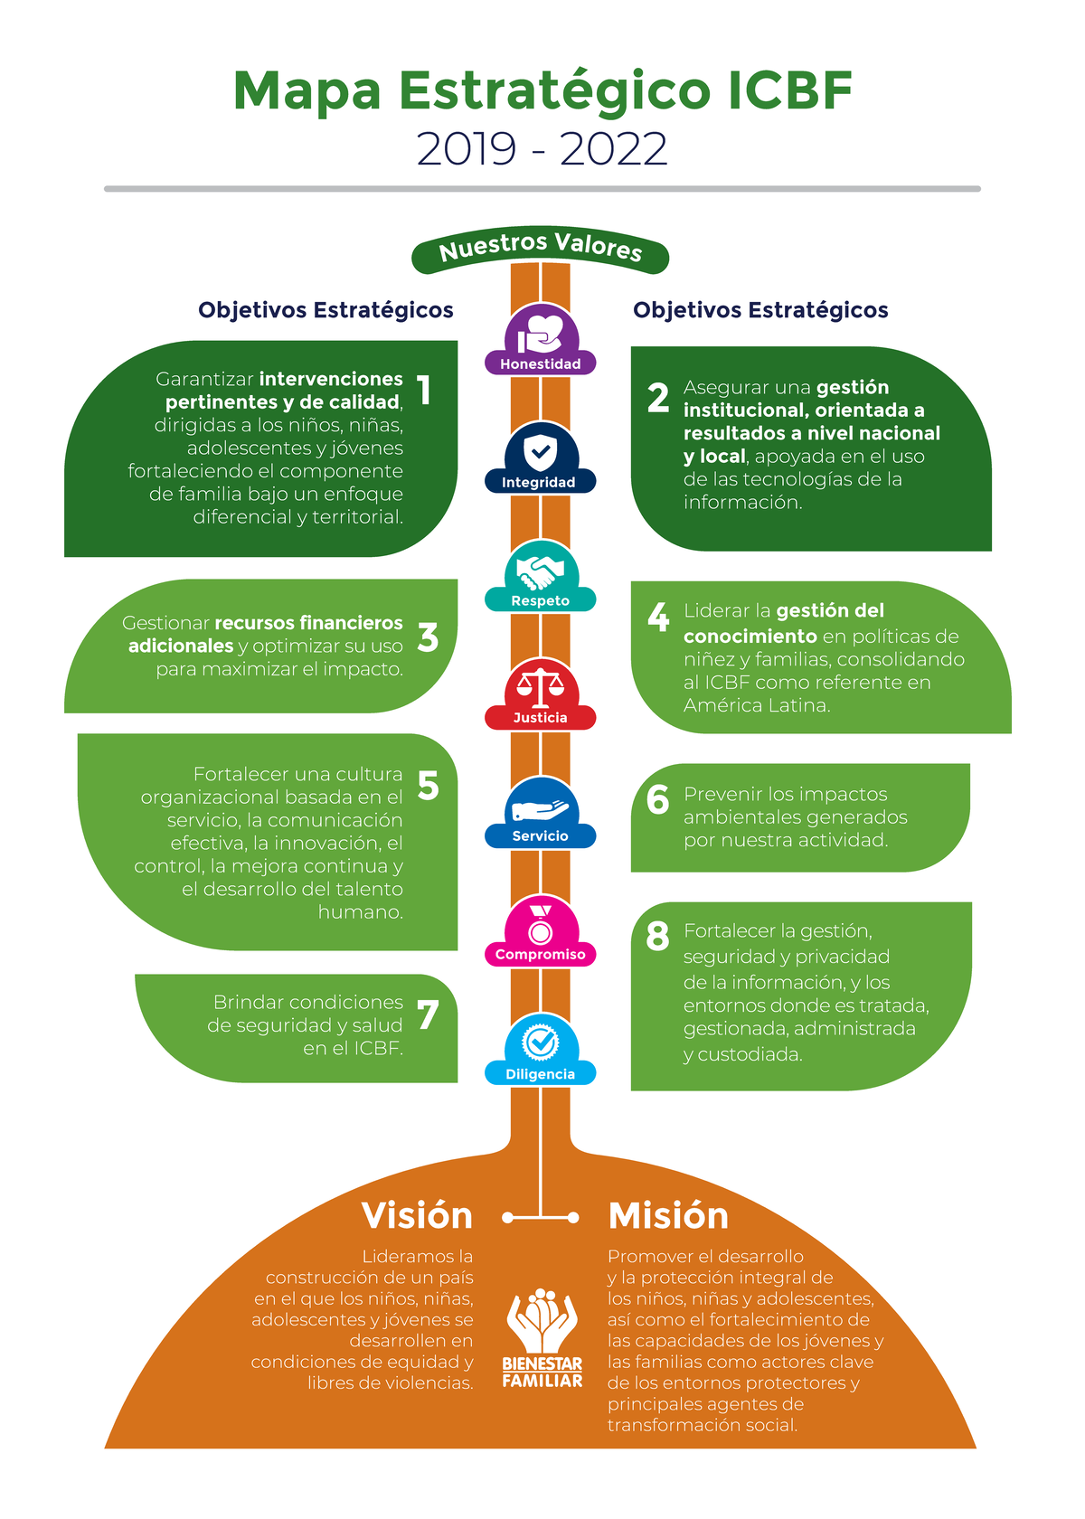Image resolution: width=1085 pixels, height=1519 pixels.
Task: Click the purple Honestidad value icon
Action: coord(541,334)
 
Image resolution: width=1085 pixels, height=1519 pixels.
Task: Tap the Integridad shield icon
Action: coord(541,451)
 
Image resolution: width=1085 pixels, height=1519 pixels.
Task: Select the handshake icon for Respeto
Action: coord(541,571)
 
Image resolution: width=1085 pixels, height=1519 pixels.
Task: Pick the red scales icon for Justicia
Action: coord(541,687)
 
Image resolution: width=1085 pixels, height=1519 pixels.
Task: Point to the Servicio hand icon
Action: coord(541,807)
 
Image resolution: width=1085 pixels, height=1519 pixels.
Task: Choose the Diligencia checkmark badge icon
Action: coord(541,1043)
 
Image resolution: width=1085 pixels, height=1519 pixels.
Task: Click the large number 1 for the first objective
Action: coord(424,391)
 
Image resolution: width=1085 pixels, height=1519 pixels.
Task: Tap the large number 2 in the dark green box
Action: coord(658,398)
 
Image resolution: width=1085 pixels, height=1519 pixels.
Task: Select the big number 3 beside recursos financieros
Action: coord(428,637)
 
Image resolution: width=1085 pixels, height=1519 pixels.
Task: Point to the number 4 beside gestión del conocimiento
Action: coord(658,617)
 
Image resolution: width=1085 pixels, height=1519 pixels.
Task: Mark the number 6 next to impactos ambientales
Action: coord(658,799)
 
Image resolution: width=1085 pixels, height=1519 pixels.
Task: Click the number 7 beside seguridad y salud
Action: coord(428,1015)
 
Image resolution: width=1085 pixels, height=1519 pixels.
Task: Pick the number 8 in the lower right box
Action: coord(658,937)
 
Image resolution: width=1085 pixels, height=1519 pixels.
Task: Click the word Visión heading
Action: coord(417,1216)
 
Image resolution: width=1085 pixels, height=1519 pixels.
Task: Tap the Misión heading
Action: coord(668,1216)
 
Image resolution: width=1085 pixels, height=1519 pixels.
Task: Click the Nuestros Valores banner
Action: coord(541,249)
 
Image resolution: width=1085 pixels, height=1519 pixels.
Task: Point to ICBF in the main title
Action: coord(789,91)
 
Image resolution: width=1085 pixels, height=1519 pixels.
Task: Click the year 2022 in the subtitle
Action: coord(614,149)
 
